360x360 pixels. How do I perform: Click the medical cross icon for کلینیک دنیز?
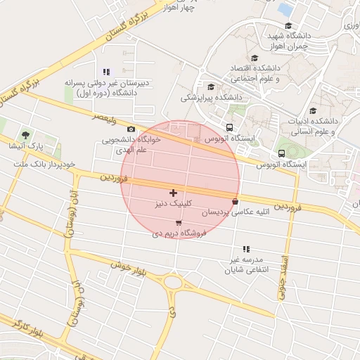[x=173, y=193]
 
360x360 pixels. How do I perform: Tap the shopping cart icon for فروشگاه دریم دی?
[x=179, y=223]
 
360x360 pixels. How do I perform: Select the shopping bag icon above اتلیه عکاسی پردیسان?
[x=235, y=202]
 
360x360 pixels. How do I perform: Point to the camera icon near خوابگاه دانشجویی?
[x=131, y=129]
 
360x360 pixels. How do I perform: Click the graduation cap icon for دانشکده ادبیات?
[x=313, y=110]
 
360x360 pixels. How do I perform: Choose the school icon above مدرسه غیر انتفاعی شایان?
[x=246, y=249]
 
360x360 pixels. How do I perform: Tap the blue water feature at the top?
[x=285, y=9]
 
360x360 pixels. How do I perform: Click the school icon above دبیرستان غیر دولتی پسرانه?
[x=106, y=72]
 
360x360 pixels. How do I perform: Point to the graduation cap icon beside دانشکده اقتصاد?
[x=254, y=58]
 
